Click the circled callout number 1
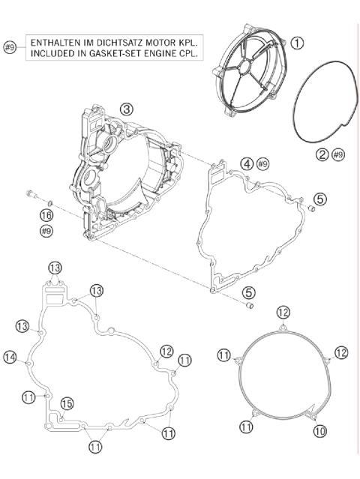(x=298, y=43)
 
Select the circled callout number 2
(x=321, y=154)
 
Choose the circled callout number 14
(x=10, y=358)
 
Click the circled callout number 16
(x=46, y=215)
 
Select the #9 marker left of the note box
(x=10, y=47)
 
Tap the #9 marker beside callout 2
(x=338, y=154)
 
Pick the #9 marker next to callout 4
(x=262, y=163)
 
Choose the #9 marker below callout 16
(x=46, y=232)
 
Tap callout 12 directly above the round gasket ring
(x=283, y=312)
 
